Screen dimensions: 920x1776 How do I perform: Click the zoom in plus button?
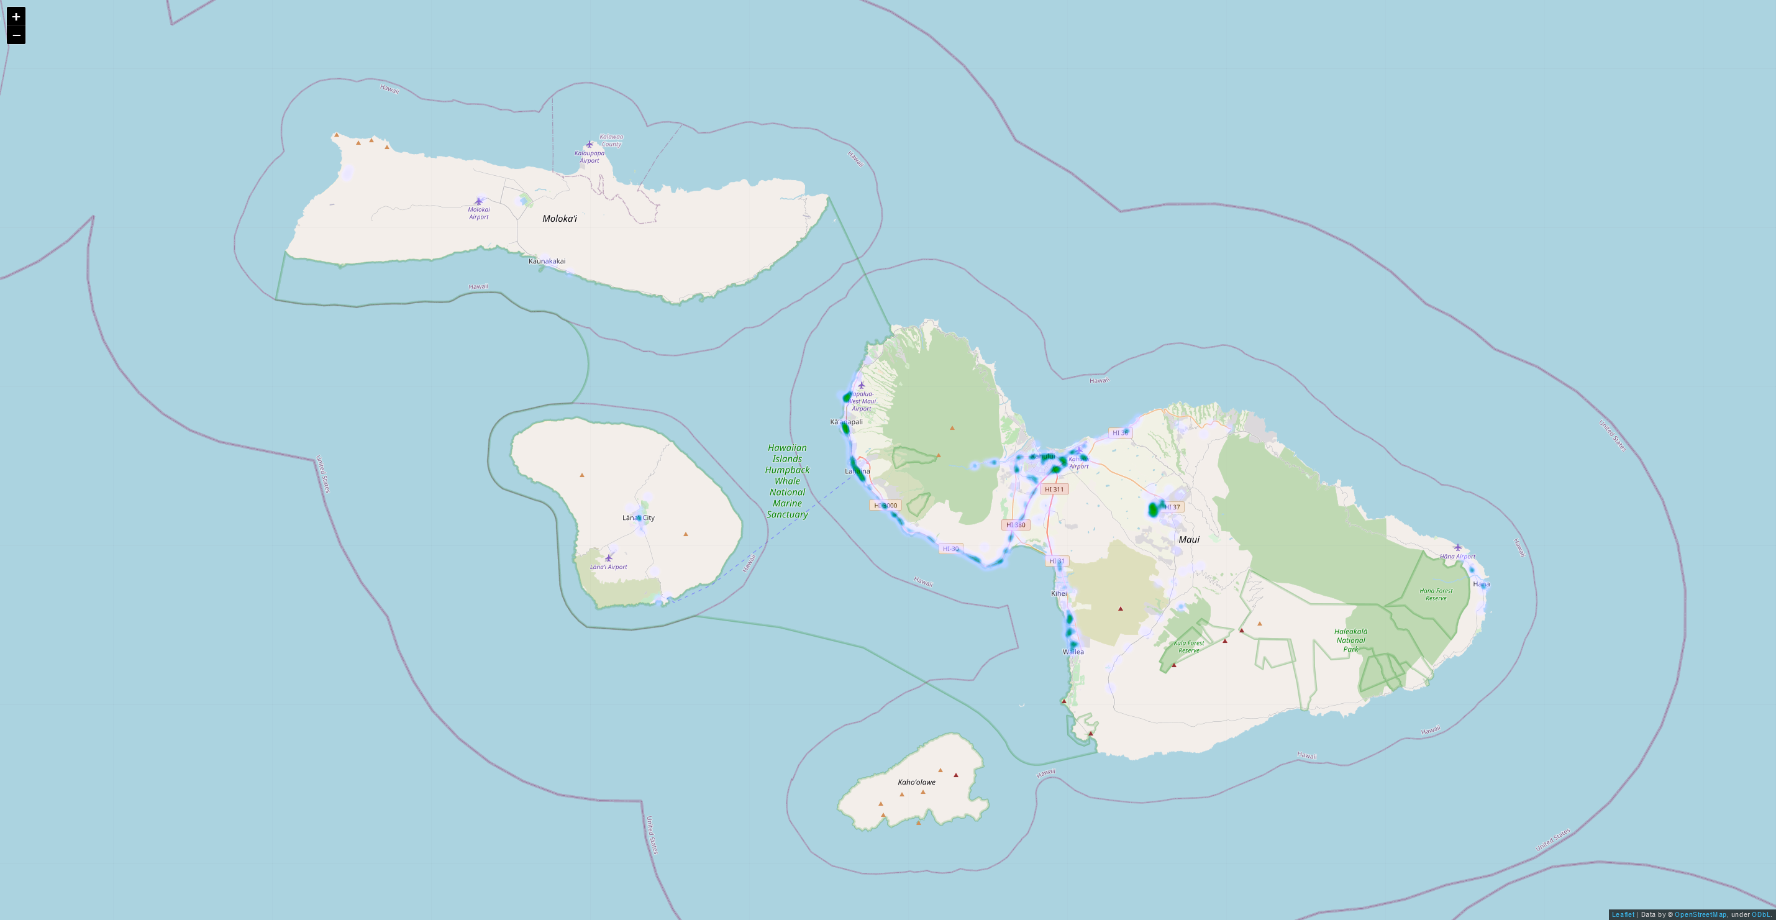tap(16, 17)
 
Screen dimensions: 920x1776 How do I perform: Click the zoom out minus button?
tap(16, 35)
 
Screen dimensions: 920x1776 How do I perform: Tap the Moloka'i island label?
tap(559, 219)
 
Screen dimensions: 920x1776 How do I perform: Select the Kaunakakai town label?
tap(547, 262)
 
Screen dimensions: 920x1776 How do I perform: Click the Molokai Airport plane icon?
tap(478, 201)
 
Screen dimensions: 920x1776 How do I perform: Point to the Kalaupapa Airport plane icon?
tap(589, 145)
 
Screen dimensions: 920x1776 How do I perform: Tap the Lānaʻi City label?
tap(639, 518)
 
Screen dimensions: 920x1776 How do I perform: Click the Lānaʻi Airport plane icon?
tap(608, 558)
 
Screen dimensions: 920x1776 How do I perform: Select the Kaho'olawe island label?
tap(916, 782)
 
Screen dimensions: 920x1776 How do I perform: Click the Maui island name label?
tap(1188, 539)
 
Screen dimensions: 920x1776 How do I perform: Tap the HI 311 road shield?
tap(1054, 489)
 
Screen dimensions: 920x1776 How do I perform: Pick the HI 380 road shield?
tap(1016, 525)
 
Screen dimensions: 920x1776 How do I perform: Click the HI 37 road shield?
tap(1172, 507)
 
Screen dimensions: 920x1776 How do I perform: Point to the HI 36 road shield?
tap(1121, 433)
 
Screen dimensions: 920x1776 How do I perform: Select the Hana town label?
tap(1481, 584)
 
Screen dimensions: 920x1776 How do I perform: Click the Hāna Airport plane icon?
tap(1457, 547)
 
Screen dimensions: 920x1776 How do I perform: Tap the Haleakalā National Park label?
tap(1350, 640)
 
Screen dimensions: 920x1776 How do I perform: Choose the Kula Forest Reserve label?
tap(1188, 646)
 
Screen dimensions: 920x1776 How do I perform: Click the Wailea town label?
tap(1073, 652)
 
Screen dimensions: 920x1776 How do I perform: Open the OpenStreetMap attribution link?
tap(1700, 914)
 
